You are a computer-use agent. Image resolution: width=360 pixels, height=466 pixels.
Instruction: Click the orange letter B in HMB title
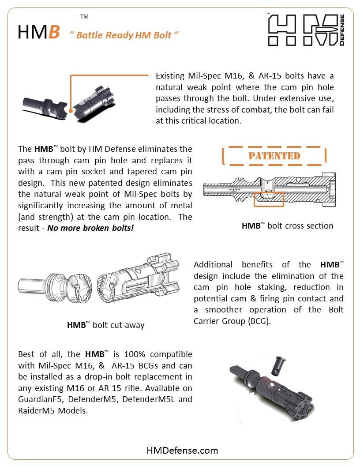tap(54, 32)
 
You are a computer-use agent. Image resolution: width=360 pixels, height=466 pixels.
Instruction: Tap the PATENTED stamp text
tap(274, 156)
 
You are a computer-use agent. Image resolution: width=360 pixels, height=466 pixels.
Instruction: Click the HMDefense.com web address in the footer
tap(182, 450)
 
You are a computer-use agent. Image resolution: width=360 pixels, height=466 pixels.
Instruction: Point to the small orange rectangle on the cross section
tap(269, 199)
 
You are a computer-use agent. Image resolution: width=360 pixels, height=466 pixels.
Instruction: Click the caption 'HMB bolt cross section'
tap(287, 226)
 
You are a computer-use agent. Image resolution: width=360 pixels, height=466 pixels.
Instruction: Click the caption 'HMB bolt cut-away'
tap(105, 325)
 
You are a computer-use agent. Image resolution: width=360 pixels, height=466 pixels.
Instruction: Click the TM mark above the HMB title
tap(84, 17)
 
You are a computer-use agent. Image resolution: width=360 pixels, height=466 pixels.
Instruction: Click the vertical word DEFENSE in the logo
tap(341, 30)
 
